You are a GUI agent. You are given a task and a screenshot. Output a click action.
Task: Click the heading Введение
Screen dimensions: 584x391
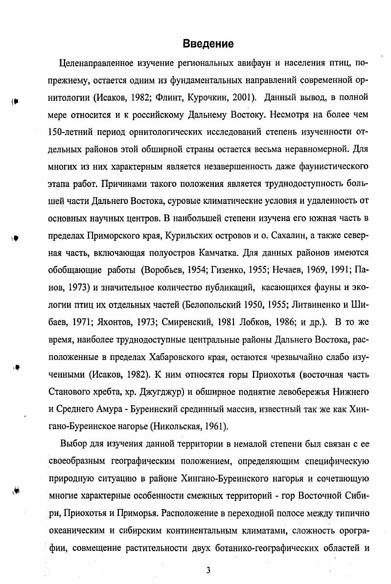tap(208, 44)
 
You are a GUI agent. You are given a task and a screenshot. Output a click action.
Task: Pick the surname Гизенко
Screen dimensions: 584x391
tap(229, 271)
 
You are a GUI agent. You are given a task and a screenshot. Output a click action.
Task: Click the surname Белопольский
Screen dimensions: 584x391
tap(211, 306)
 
